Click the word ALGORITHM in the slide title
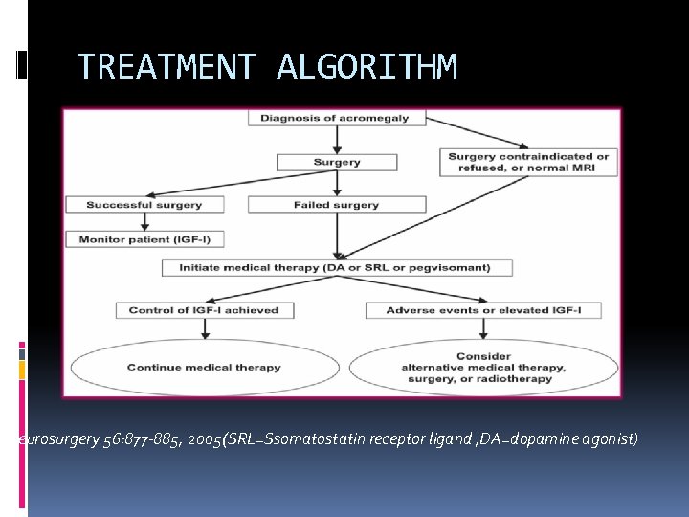click(367, 67)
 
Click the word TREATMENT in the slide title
click(166, 67)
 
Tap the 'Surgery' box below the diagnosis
click(337, 163)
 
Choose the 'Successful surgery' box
click(144, 205)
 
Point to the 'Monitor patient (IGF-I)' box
click(145, 239)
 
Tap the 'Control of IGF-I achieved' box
click(204, 310)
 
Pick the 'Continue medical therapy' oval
click(204, 367)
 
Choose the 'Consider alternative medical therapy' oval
click(483, 367)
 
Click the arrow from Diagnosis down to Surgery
click(337, 140)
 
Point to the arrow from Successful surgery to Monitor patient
click(144, 222)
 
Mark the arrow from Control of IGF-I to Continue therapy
click(204, 329)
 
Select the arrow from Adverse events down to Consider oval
click(483, 329)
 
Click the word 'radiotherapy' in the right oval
click(517, 379)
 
